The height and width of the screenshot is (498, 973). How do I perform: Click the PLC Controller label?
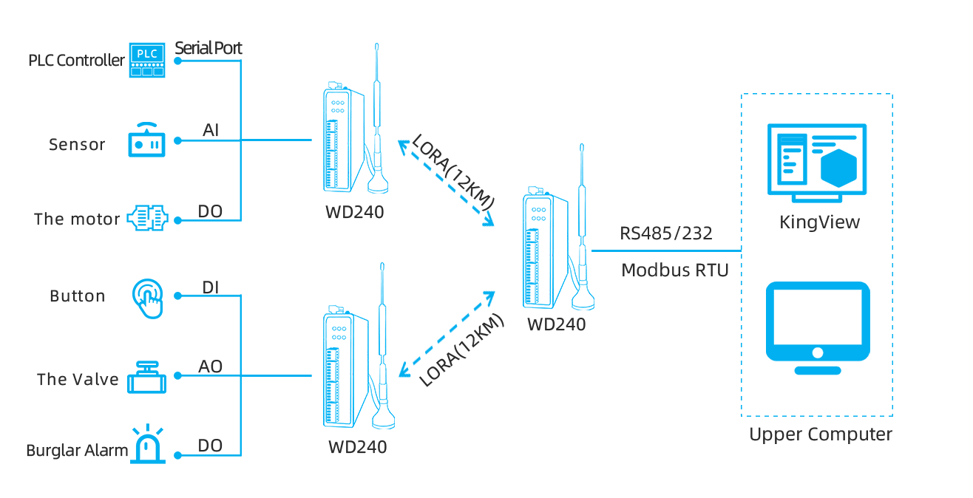pos(76,61)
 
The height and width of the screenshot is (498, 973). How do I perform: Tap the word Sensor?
pos(77,144)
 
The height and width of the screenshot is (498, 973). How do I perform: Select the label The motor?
pos(77,219)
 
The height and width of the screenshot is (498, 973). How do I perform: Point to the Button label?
pos(77,296)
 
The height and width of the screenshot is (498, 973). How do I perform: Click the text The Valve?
pos(78,379)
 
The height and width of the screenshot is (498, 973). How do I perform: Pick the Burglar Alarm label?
pos(77,450)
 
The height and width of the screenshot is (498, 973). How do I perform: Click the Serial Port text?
pos(208,48)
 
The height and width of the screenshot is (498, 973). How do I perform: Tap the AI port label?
pos(211,131)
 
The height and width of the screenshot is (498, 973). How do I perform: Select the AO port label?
pos(211,367)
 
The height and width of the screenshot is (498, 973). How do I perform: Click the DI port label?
pos(211,287)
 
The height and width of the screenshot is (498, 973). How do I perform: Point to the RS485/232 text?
pos(666,233)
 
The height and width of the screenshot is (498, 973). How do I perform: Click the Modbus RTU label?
pos(675,270)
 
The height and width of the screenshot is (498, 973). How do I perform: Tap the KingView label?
pos(820,222)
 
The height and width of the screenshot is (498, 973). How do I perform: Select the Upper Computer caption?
pos(820,434)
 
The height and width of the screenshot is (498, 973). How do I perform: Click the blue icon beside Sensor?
pos(146,140)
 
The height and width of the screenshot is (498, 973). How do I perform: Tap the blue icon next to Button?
pos(147,299)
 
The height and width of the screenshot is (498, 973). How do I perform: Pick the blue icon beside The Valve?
pos(146,377)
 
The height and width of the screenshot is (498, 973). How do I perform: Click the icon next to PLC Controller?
pos(147,60)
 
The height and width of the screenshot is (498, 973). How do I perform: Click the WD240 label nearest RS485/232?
pos(557,324)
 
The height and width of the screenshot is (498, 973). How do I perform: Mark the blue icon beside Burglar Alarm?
pos(148,443)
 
